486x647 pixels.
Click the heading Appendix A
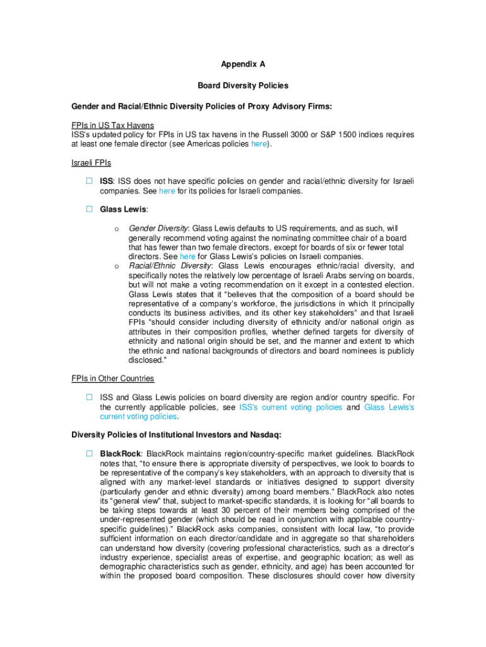(x=243, y=64)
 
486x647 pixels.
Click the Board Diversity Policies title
(x=243, y=85)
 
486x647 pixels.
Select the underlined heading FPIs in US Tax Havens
(x=112, y=126)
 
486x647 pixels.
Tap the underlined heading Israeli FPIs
(x=91, y=163)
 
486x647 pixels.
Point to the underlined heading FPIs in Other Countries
(x=112, y=378)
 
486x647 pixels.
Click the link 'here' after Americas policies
(x=259, y=144)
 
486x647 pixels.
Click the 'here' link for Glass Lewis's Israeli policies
(x=187, y=257)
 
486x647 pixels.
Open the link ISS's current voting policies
(x=291, y=408)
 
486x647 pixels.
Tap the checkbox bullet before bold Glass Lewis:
(x=90, y=209)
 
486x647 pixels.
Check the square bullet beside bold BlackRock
(x=90, y=454)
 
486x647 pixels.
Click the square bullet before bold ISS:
(x=90, y=181)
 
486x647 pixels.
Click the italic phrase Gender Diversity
(x=158, y=228)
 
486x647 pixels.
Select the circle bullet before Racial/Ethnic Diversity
(x=116, y=266)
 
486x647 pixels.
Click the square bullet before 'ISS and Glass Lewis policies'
(x=90, y=397)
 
